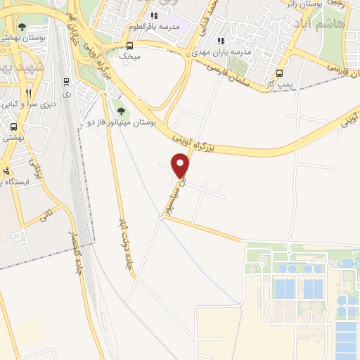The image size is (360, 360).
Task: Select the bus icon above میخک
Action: point(129,43)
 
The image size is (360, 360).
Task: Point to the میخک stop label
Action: point(129,54)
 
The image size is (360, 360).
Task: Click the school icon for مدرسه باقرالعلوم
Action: point(155,15)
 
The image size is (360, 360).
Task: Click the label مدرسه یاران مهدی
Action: point(221,51)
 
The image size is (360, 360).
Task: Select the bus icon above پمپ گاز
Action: point(280,73)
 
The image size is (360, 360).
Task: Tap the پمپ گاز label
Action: point(281,84)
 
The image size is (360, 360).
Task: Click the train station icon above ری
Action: point(66,81)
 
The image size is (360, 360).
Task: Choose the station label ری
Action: point(66,92)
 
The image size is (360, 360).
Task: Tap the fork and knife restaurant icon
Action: point(28,93)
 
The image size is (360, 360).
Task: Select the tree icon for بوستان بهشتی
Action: point(22,27)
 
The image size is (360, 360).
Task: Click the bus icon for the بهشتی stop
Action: point(13,127)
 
